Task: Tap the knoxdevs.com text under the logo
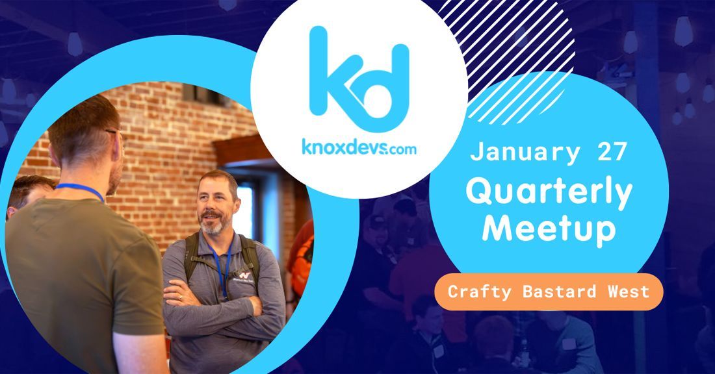[x=359, y=147]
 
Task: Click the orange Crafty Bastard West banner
[x=549, y=291]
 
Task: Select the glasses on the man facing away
[x=116, y=133]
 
